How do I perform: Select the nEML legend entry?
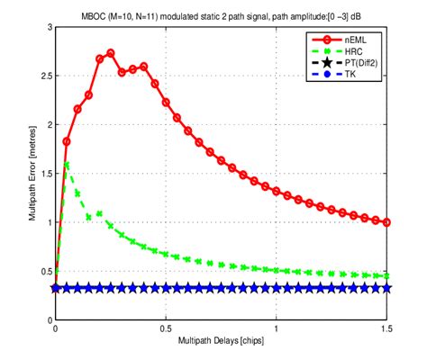pyautogui.click(x=357, y=41)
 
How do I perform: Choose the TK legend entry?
pyautogui.click(x=353, y=78)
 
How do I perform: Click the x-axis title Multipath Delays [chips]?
pyautogui.click(x=222, y=343)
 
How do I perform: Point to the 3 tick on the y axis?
pyautogui.click(x=47, y=28)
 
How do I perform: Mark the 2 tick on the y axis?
pyautogui.click(x=47, y=125)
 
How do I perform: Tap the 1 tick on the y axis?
pyautogui.click(x=47, y=222)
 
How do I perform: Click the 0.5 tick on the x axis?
pyautogui.click(x=166, y=329)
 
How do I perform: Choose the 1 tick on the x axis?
pyautogui.click(x=277, y=329)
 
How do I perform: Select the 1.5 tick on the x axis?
pyautogui.click(x=386, y=329)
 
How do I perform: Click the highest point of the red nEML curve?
pyautogui.click(x=111, y=53)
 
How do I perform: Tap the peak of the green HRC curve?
pyautogui.click(x=67, y=164)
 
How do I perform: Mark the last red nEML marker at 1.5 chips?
pyautogui.click(x=387, y=222)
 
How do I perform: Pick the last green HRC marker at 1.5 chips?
pyautogui.click(x=387, y=276)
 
